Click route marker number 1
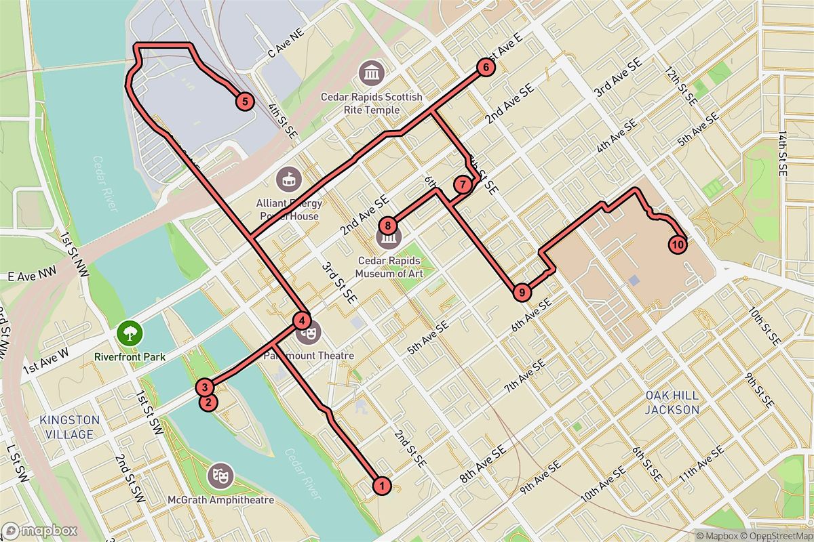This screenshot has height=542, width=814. pyautogui.click(x=382, y=485)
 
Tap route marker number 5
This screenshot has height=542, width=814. pyautogui.click(x=244, y=102)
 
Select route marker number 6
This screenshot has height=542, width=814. pyautogui.click(x=485, y=67)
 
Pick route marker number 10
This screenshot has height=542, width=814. pyautogui.click(x=676, y=243)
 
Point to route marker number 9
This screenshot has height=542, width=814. pyautogui.click(x=521, y=293)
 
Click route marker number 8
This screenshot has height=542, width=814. pyautogui.click(x=387, y=226)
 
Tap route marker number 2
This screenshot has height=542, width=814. pyautogui.click(x=208, y=402)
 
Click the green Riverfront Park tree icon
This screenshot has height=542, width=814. pyautogui.click(x=128, y=333)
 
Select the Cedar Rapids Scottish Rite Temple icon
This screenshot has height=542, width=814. pyautogui.click(x=372, y=72)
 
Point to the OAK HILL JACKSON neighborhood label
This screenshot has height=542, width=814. pyautogui.click(x=672, y=402)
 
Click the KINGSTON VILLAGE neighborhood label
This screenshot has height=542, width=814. pyautogui.click(x=70, y=426)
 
